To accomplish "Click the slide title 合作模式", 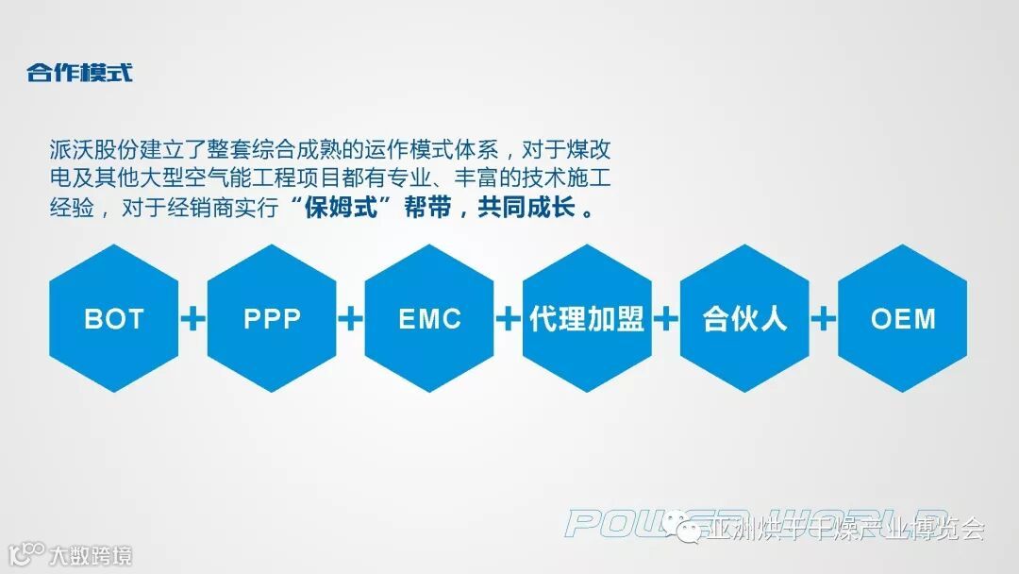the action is click(79, 73).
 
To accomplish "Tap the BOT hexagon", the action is click(114, 318).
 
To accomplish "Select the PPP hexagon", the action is click(272, 318).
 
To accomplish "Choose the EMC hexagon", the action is click(429, 318).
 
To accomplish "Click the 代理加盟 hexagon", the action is click(587, 318).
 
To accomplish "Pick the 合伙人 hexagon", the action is click(744, 318).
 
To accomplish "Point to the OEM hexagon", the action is click(903, 318).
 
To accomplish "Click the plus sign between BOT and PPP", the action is click(192, 319).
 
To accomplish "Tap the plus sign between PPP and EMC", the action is click(350, 319).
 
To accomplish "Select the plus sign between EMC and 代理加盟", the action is click(508, 319).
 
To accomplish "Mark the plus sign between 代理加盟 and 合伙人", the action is click(666, 319).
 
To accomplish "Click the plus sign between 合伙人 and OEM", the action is click(824, 319).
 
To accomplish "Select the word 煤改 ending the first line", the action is click(600, 150).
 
